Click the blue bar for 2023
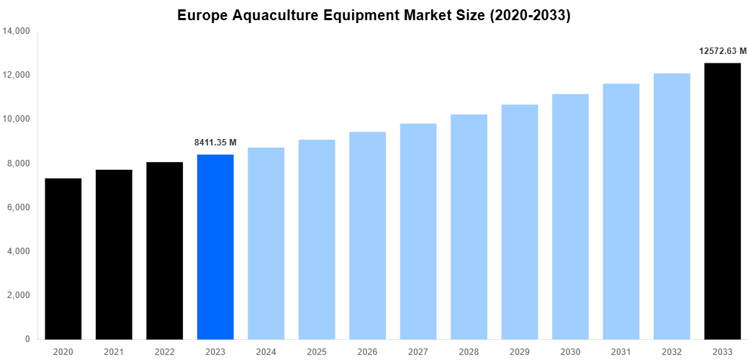click(x=215, y=246)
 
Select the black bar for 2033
click(x=722, y=201)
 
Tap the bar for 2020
click(x=63, y=258)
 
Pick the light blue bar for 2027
click(x=418, y=231)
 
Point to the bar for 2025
click(x=317, y=239)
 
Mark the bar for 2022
click(x=165, y=251)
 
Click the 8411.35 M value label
click(x=215, y=143)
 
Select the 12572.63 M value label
click(x=722, y=51)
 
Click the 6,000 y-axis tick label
click(x=18, y=207)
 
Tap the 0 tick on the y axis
click(x=27, y=339)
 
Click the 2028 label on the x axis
click(x=469, y=351)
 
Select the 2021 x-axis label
click(x=114, y=351)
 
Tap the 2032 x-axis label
click(x=672, y=351)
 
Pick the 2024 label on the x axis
click(x=266, y=351)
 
